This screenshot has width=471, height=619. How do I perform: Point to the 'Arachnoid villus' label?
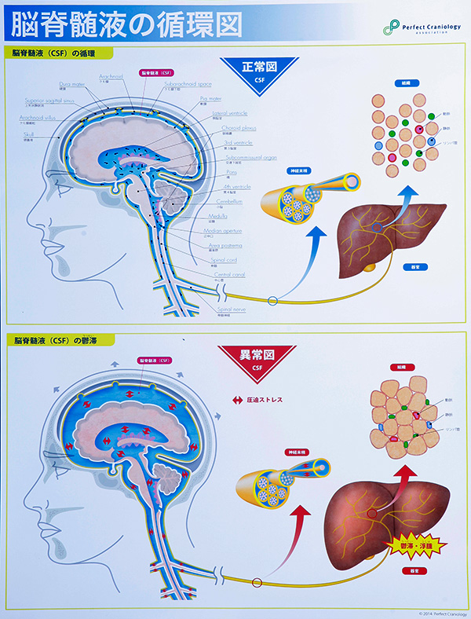(x=37, y=118)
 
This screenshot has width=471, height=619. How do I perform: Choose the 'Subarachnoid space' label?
(x=188, y=83)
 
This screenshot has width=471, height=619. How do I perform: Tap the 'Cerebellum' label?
(x=230, y=201)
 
